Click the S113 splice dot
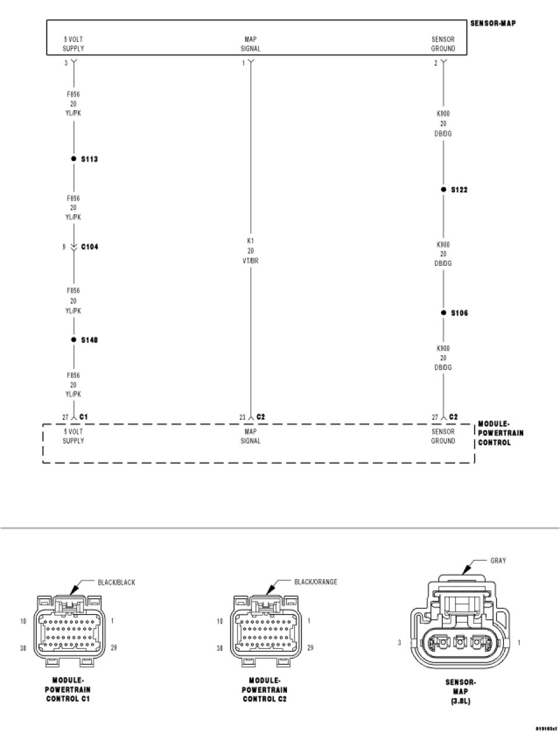73,159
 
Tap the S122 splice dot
443,190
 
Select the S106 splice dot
443,313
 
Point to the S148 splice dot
73,339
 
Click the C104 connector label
89,247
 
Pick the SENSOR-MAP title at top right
492,24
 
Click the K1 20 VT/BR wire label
250,251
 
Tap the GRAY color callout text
498,561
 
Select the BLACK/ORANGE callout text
316,582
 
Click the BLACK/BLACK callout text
116,583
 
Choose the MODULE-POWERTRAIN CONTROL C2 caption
264,689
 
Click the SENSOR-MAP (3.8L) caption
460,692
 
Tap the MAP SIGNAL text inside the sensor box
250,44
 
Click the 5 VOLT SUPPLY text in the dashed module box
73,436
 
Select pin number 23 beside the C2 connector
242,417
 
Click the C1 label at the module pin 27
83,417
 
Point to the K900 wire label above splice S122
443,124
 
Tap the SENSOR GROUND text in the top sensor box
443,44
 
